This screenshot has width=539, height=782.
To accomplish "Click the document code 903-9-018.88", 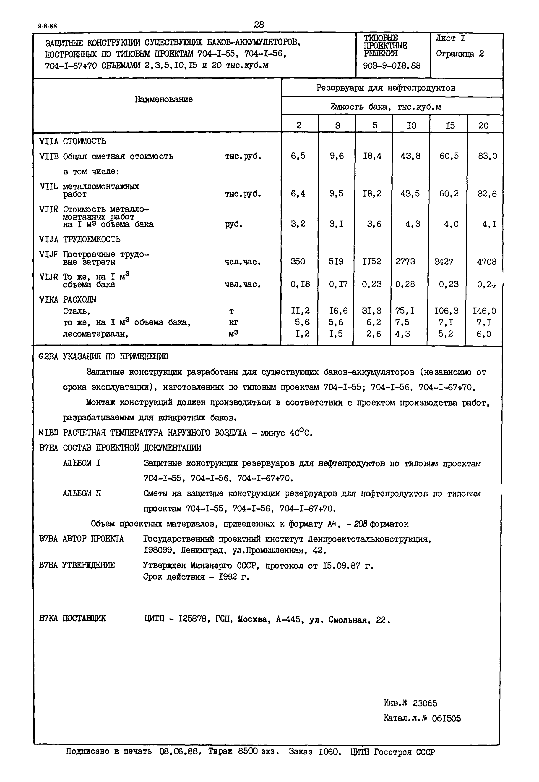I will [x=392, y=65].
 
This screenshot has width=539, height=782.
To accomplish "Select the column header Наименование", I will [x=164, y=99].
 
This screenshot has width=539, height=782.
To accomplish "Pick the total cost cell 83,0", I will [x=487, y=156].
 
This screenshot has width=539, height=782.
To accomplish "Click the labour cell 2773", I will [x=405, y=262].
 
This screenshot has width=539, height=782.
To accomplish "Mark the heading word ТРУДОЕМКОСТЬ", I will [x=91, y=239].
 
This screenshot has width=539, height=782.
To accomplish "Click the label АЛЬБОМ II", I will [x=82, y=494].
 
